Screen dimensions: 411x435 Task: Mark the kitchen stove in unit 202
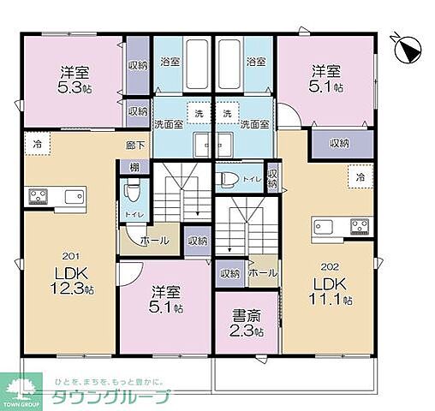(x=360, y=227)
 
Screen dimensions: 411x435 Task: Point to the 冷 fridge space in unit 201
(x=38, y=144)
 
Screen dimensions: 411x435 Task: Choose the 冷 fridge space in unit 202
(x=360, y=177)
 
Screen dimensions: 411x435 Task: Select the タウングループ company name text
(x=110, y=397)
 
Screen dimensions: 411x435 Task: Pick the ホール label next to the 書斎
(x=262, y=273)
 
